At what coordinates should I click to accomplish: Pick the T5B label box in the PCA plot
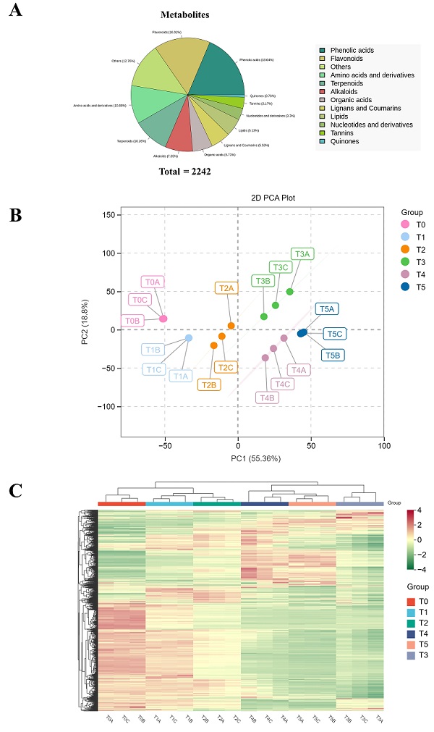click(x=333, y=356)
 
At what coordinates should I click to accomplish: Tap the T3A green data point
click(x=290, y=292)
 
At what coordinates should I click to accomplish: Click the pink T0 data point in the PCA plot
click(x=163, y=319)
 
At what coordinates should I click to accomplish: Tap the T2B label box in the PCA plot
click(x=209, y=384)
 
